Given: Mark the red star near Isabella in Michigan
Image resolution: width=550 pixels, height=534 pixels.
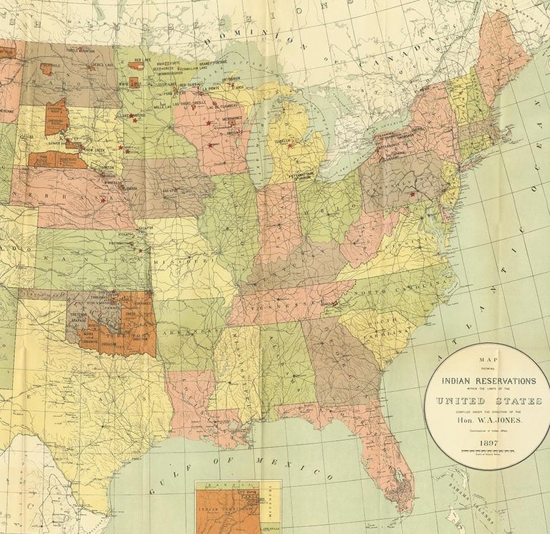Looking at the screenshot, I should (x=291, y=142).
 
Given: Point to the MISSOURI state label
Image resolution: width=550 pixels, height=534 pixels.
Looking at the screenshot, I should (x=185, y=263).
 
